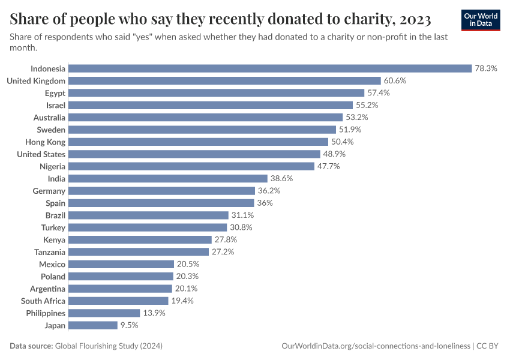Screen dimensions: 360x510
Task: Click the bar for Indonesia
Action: [x=270, y=68]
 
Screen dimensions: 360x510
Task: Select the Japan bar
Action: [x=93, y=325]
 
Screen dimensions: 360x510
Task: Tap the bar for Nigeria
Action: [x=191, y=166]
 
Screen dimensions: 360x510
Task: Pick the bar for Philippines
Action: [x=104, y=313]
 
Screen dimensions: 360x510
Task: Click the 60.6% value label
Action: [x=395, y=80]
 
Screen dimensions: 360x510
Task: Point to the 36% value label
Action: [x=265, y=203]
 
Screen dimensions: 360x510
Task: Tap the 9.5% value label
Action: [x=130, y=325]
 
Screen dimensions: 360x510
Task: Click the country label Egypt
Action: [x=55, y=93]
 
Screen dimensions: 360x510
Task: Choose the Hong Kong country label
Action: [x=46, y=142]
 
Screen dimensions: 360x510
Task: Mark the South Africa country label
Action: [x=43, y=301]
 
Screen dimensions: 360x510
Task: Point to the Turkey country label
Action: [x=53, y=227]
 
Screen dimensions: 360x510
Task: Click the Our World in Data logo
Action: [x=481, y=20]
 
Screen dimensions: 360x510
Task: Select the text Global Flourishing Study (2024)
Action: [x=109, y=346]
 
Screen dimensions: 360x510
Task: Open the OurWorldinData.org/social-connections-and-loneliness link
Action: [x=376, y=346]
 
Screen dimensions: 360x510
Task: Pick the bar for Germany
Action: [x=162, y=191]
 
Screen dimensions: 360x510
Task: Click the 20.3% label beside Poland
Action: [x=187, y=277]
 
